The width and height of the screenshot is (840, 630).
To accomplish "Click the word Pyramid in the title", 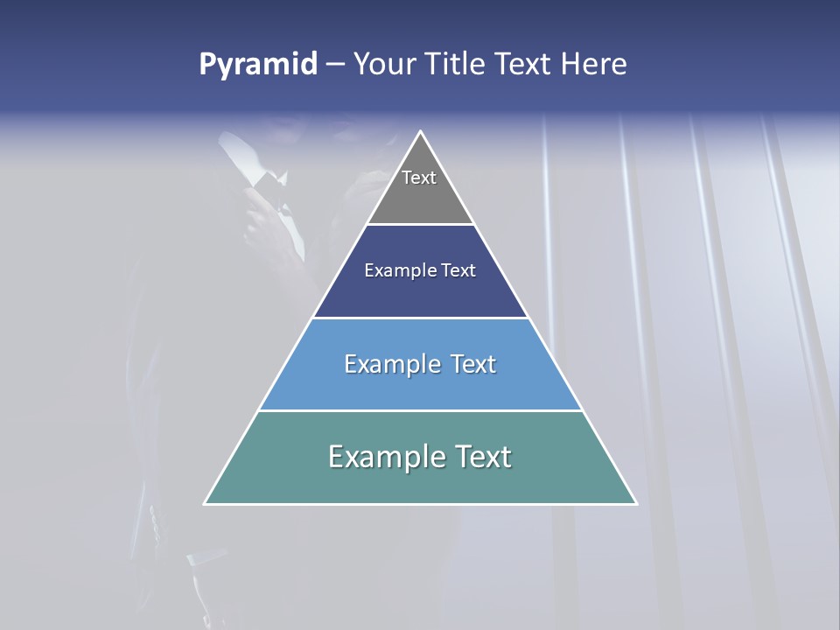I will [x=258, y=65].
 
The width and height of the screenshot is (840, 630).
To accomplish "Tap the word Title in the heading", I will [x=458, y=65].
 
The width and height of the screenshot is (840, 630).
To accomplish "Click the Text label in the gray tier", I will [x=419, y=178].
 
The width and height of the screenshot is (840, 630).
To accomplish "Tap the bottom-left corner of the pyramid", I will [x=206, y=503].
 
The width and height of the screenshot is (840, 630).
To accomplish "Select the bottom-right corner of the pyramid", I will [x=635, y=503].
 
